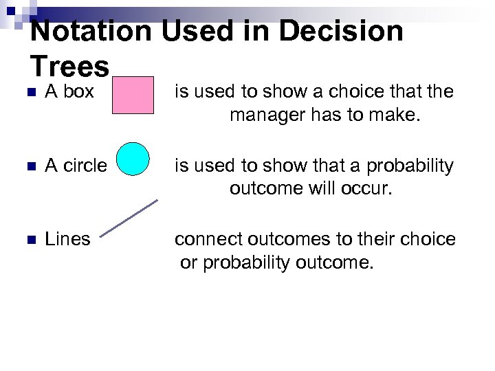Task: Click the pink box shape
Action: tap(133, 94)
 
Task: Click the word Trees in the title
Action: tap(69, 67)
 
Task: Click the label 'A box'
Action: tap(69, 91)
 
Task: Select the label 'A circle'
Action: tap(76, 166)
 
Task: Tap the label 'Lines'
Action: tap(67, 239)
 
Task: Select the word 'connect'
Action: tap(203, 239)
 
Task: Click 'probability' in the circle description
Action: tap(410, 166)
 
